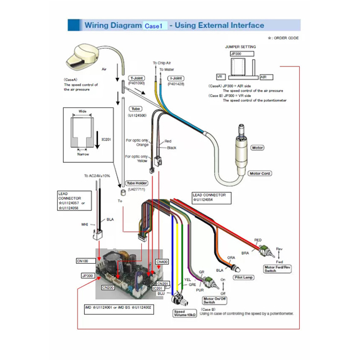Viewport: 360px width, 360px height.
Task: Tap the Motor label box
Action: pyautogui.click(x=258, y=148)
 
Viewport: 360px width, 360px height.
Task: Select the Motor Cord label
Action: pyautogui.click(x=260, y=173)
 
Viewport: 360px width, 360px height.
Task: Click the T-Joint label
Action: pyautogui.click(x=136, y=78)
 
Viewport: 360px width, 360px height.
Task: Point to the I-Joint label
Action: pyautogui.click(x=176, y=78)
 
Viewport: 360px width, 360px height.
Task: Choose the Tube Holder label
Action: pyautogui.click(x=136, y=183)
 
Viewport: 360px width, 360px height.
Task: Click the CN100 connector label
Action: pyautogui.click(x=82, y=260)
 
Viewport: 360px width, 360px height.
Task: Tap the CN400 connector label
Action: pyautogui.click(x=162, y=261)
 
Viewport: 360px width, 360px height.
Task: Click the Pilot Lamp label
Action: pyautogui.click(x=243, y=275)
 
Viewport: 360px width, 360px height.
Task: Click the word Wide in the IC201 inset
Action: pyautogui.click(x=82, y=111)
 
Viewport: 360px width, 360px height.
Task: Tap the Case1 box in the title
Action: pyautogui.click(x=153, y=26)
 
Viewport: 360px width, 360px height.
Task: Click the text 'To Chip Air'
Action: pyautogui.click(x=162, y=63)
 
